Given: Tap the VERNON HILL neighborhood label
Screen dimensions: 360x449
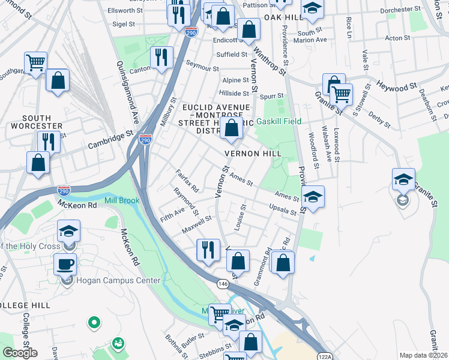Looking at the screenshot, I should [x=253, y=154].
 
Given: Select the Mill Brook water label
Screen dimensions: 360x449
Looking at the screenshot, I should [x=122, y=200].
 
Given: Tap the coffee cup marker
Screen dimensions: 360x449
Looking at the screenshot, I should [x=65, y=264].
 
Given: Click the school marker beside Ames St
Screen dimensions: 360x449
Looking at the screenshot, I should [x=313, y=196].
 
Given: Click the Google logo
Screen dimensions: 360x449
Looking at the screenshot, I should [x=19, y=353].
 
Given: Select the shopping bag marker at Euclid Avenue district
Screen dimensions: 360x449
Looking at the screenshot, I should [x=231, y=128].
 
